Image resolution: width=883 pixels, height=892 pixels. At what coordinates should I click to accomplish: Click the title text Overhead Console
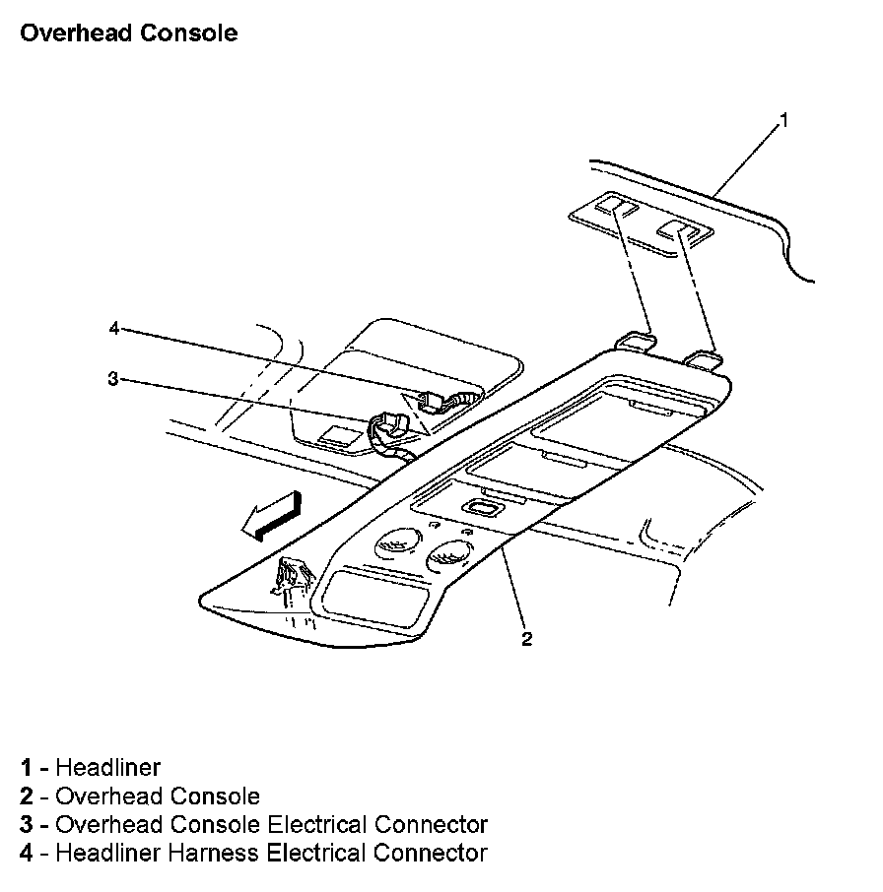[128, 32]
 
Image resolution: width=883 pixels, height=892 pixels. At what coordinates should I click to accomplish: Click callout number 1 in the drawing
[783, 120]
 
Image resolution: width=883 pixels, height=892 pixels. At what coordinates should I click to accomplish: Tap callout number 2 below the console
[527, 639]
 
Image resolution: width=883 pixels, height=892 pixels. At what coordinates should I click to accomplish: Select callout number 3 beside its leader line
[113, 378]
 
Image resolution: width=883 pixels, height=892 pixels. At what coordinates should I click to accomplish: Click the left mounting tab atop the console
[636, 340]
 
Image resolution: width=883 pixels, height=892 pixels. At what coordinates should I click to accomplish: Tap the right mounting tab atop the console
[704, 356]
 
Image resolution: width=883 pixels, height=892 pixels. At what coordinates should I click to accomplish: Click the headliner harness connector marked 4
[434, 400]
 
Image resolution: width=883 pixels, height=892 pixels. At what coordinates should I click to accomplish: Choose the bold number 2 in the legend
[26, 796]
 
